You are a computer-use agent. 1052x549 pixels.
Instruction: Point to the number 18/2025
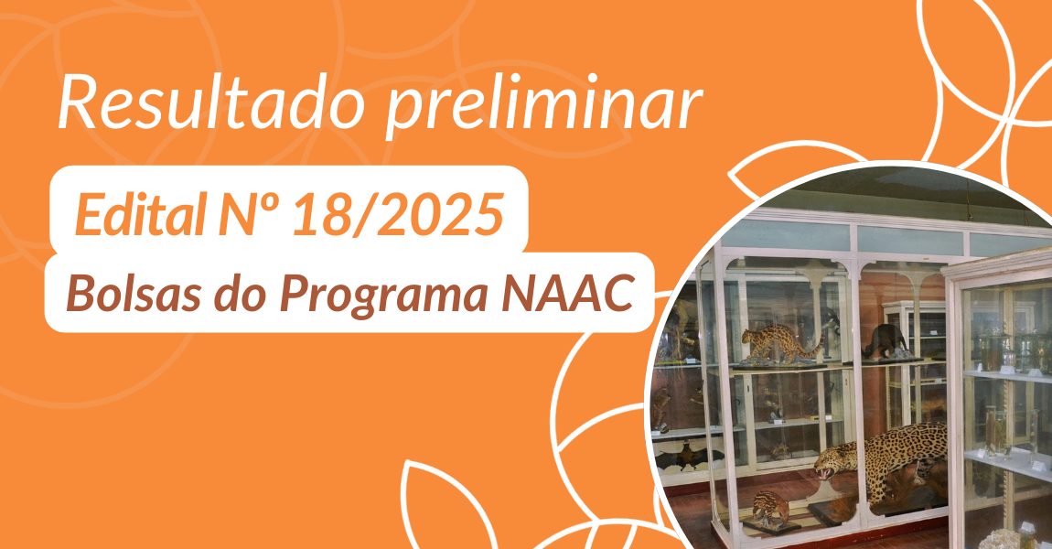point(398,215)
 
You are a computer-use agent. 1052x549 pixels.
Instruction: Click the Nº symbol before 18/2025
point(251,214)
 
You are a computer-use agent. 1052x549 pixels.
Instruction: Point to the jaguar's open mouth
point(822,472)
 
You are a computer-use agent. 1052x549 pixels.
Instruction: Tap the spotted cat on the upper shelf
point(781,343)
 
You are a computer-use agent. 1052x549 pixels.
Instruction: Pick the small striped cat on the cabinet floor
point(770,506)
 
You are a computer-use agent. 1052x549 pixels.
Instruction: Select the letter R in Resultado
point(75,103)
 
